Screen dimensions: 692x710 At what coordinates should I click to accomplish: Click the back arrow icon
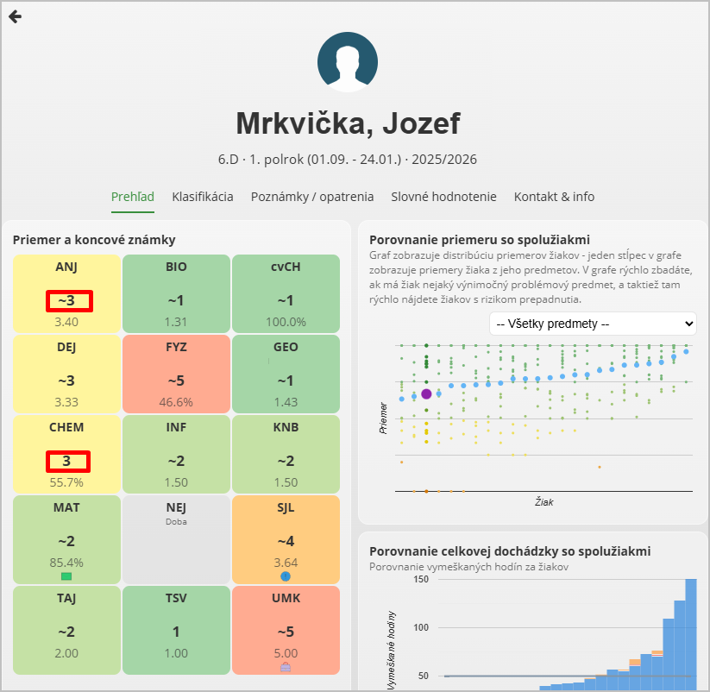pyautogui.click(x=15, y=16)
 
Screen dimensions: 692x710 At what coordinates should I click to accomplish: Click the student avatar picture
pyautogui.click(x=348, y=61)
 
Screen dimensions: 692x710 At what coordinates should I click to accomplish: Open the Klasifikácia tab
pyautogui.click(x=203, y=197)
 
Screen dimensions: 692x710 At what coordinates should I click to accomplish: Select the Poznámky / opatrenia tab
pyautogui.click(x=312, y=197)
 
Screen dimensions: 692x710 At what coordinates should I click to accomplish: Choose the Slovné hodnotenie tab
pyautogui.click(x=443, y=197)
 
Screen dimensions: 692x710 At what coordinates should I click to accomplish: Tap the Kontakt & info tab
pyautogui.click(x=554, y=197)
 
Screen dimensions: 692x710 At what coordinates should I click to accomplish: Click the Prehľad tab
pyautogui.click(x=133, y=197)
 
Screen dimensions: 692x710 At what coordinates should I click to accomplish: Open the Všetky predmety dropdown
pyautogui.click(x=593, y=324)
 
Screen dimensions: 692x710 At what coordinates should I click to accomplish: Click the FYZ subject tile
pyautogui.click(x=176, y=374)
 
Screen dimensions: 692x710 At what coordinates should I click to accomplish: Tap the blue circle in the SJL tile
pyautogui.click(x=286, y=576)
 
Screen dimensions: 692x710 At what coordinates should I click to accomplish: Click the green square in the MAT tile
pyautogui.click(x=66, y=576)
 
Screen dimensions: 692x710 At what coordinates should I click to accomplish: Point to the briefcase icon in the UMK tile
pyautogui.click(x=286, y=667)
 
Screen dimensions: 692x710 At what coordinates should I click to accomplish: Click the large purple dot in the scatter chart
pyautogui.click(x=426, y=393)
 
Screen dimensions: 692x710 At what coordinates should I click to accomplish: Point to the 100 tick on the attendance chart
pyautogui.click(x=421, y=627)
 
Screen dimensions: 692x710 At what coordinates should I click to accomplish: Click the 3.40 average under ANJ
pyautogui.click(x=66, y=322)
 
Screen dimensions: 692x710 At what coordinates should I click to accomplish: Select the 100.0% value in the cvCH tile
pyautogui.click(x=286, y=322)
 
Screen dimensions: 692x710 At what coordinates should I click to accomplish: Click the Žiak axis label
pyautogui.click(x=543, y=501)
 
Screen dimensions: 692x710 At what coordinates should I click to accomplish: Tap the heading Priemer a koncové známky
pyautogui.click(x=94, y=240)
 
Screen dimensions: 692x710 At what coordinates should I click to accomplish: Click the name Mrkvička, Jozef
pyautogui.click(x=348, y=123)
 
